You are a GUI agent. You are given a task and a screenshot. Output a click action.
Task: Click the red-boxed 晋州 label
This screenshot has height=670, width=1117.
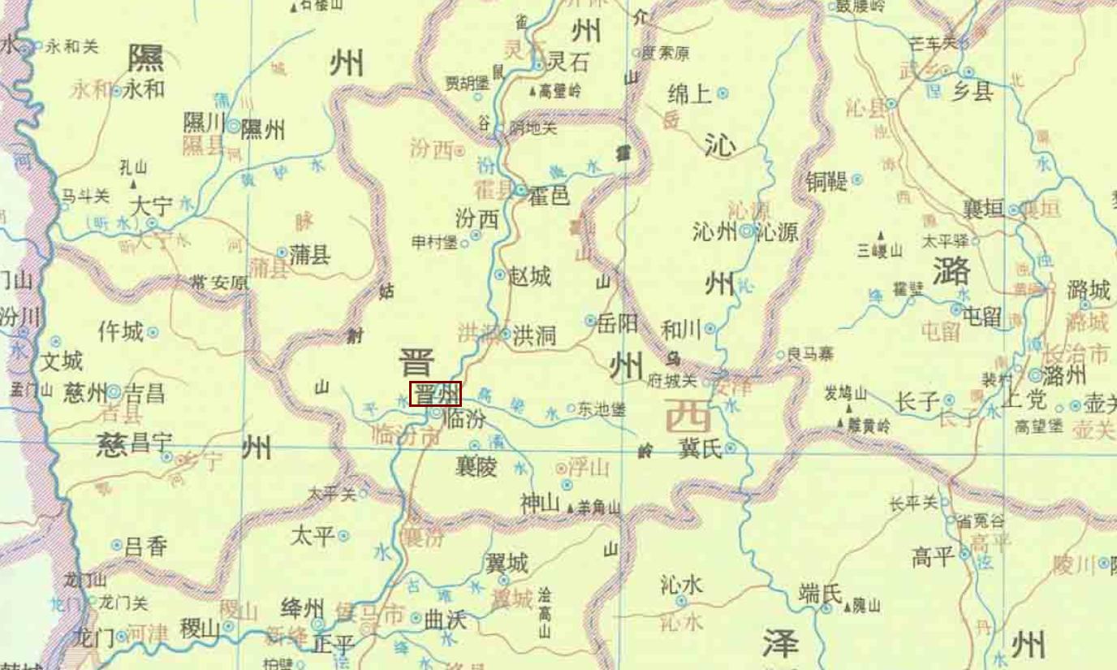click(435, 394)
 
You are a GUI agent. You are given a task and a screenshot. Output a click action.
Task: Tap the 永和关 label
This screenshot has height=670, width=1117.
click(71, 46)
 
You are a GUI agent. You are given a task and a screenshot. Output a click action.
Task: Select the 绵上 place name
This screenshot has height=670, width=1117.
click(688, 93)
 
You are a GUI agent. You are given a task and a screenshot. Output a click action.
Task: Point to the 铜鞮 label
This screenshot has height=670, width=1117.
click(826, 181)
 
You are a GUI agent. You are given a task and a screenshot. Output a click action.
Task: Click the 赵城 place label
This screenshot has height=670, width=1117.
click(529, 276)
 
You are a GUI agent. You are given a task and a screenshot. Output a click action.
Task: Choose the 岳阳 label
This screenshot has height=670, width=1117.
click(617, 322)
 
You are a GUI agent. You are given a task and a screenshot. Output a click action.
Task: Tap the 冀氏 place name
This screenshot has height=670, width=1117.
click(699, 448)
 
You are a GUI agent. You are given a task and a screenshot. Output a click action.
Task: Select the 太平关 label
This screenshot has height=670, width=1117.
click(332, 493)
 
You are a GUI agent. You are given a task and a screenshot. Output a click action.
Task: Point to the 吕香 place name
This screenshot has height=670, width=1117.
click(146, 546)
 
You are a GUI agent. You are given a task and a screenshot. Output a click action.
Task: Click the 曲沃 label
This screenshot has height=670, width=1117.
click(446, 619)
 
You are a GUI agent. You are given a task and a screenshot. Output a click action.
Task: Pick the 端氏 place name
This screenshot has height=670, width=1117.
click(821, 594)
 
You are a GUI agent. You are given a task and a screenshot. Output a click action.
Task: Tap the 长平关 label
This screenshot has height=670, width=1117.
click(912, 504)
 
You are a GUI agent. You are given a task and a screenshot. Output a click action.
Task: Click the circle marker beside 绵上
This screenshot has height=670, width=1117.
click(722, 93)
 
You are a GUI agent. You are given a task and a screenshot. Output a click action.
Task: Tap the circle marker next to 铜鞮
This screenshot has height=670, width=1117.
click(857, 180)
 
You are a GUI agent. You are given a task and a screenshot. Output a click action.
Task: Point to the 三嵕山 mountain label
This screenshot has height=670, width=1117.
click(880, 249)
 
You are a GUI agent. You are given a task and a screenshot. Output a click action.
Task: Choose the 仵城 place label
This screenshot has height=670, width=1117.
click(120, 331)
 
